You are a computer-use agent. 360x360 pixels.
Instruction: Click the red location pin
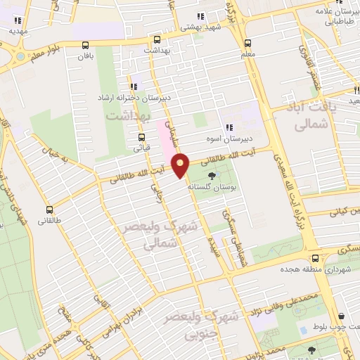(181, 165)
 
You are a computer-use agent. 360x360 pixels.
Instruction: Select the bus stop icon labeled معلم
(247, 41)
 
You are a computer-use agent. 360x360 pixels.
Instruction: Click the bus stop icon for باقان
(87, 42)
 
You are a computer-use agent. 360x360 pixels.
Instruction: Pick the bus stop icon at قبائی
(142, 137)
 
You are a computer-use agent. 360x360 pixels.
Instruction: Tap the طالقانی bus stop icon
(49, 209)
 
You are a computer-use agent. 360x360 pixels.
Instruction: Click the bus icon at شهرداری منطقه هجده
(316, 258)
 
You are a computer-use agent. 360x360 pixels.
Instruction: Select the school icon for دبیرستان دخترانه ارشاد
(133, 86)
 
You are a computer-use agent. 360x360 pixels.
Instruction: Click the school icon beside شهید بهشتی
(200, 16)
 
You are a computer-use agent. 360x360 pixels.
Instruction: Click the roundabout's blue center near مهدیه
(20, 56)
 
